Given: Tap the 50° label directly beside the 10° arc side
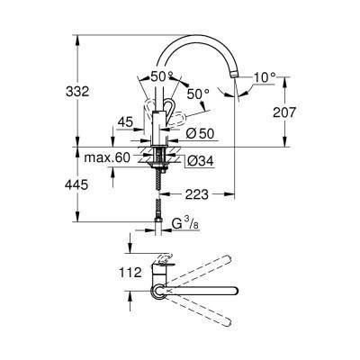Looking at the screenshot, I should [197, 93].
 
